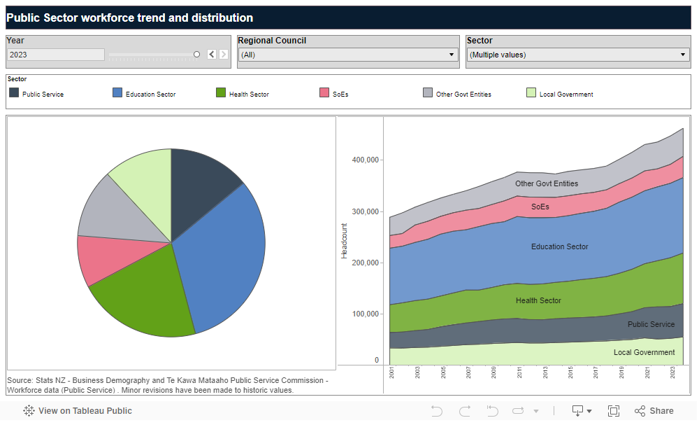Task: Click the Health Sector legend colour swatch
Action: point(221,93)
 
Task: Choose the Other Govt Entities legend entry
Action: point(463,94)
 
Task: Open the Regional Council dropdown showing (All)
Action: point(347,55)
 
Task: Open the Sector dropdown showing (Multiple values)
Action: point(577,55)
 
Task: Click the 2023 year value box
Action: point(55,55)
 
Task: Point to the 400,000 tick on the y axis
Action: point(366,160)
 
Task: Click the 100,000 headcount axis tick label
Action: point(366,314)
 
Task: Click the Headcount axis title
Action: point(344,241)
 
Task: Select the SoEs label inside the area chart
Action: point(540,207)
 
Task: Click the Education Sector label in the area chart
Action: point(559,246)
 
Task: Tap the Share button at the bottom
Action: point(654,411)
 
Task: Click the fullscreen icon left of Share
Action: point(614,411)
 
